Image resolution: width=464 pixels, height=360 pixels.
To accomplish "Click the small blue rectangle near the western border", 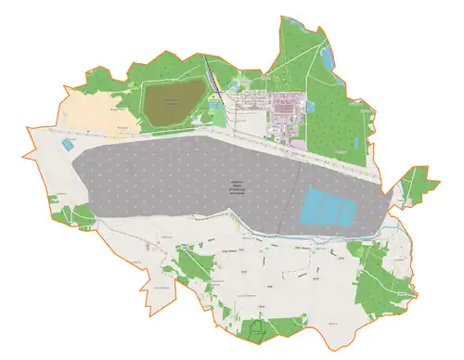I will coord(65,145).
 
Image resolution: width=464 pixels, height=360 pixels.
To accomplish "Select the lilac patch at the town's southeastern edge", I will coord(297,143).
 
